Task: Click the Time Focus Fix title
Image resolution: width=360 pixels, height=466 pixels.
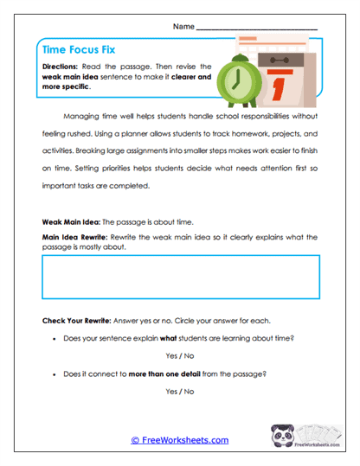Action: click(x=81, y=50)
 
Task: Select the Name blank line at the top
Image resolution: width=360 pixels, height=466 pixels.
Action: click(x=257, y=29)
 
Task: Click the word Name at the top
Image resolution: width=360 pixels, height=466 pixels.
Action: click(x=183, y=27)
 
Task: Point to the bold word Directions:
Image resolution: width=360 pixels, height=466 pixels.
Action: click(x=63, y=66)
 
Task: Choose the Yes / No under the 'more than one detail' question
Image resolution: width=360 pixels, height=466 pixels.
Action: click(x=179, y=392)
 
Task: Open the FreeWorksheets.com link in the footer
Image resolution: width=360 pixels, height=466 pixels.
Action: click(x=179, y=440)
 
